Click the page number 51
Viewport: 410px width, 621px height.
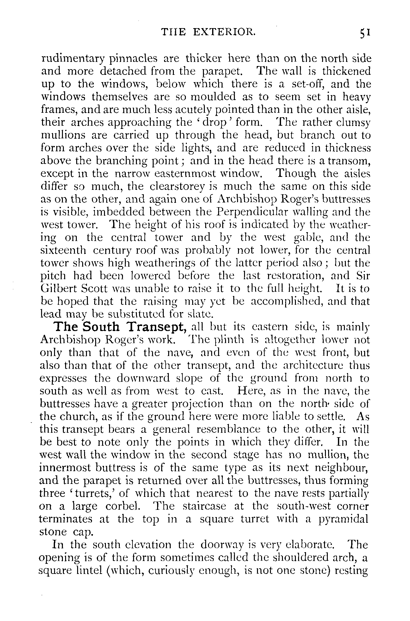click(364, 33)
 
